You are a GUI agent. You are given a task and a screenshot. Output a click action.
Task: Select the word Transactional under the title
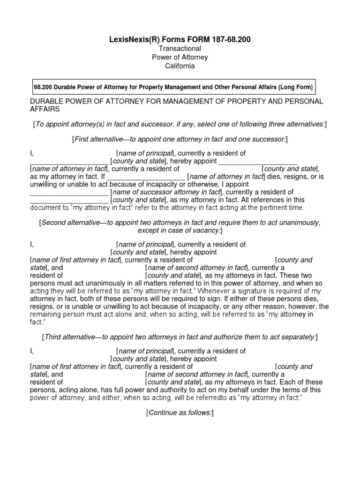[180, 49]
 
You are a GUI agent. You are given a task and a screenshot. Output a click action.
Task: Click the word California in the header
[180, 66]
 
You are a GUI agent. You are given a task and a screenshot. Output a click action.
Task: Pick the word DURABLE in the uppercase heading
[46, 101]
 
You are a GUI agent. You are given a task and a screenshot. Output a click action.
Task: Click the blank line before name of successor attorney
[69, 192]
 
